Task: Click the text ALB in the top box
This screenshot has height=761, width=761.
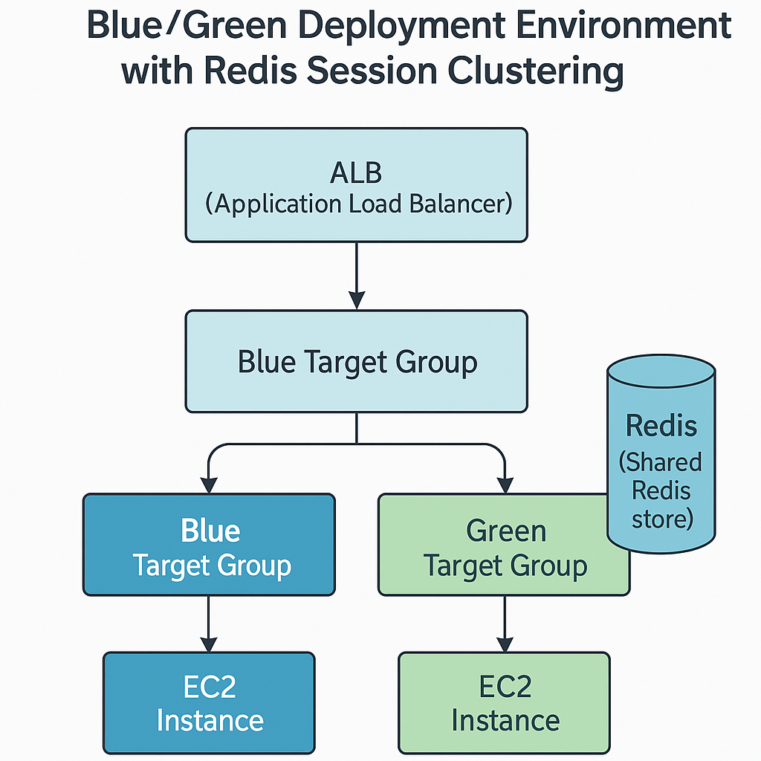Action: (356, 172)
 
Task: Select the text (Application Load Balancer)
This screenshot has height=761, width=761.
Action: (358, 204)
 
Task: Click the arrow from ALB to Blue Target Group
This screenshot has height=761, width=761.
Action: (357, 275)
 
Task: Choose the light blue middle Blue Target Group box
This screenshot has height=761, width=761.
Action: (357, 362)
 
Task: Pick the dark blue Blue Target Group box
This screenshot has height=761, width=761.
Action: (209, 545)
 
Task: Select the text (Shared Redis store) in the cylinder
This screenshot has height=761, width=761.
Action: (661, 490)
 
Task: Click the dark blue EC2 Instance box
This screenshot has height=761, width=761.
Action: (209, 703)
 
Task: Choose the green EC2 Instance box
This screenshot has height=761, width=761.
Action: (505, 703)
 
